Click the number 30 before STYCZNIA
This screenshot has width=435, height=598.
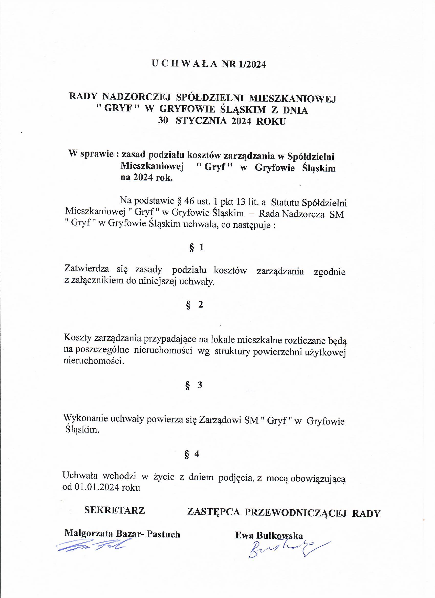click(163, 121)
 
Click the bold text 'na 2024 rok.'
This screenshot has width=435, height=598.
click(146, 178)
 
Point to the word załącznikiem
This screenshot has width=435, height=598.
click(100, 281)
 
